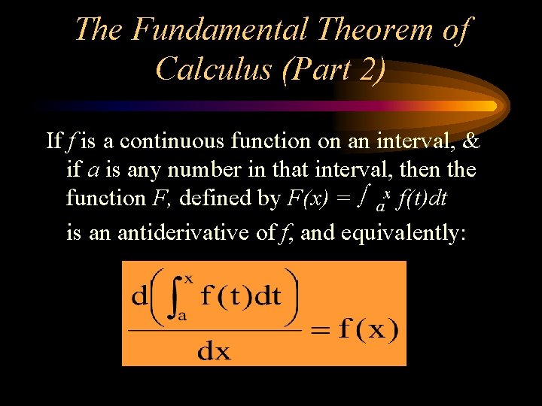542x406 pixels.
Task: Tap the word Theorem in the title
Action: click(375, 29)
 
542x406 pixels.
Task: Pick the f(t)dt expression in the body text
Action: click(421, 198)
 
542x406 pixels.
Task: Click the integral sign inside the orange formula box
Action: click(176, 296)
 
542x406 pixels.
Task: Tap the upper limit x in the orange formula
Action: click(188, 278)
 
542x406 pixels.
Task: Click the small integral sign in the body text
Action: click(364, 197)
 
